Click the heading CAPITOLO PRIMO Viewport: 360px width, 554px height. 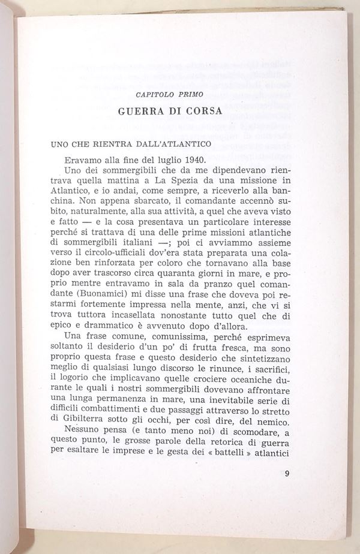(170, 95)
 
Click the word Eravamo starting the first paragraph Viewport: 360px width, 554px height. (88, 159)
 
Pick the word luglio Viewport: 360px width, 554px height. (163, 159)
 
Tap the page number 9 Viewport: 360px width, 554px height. (287, 475)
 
